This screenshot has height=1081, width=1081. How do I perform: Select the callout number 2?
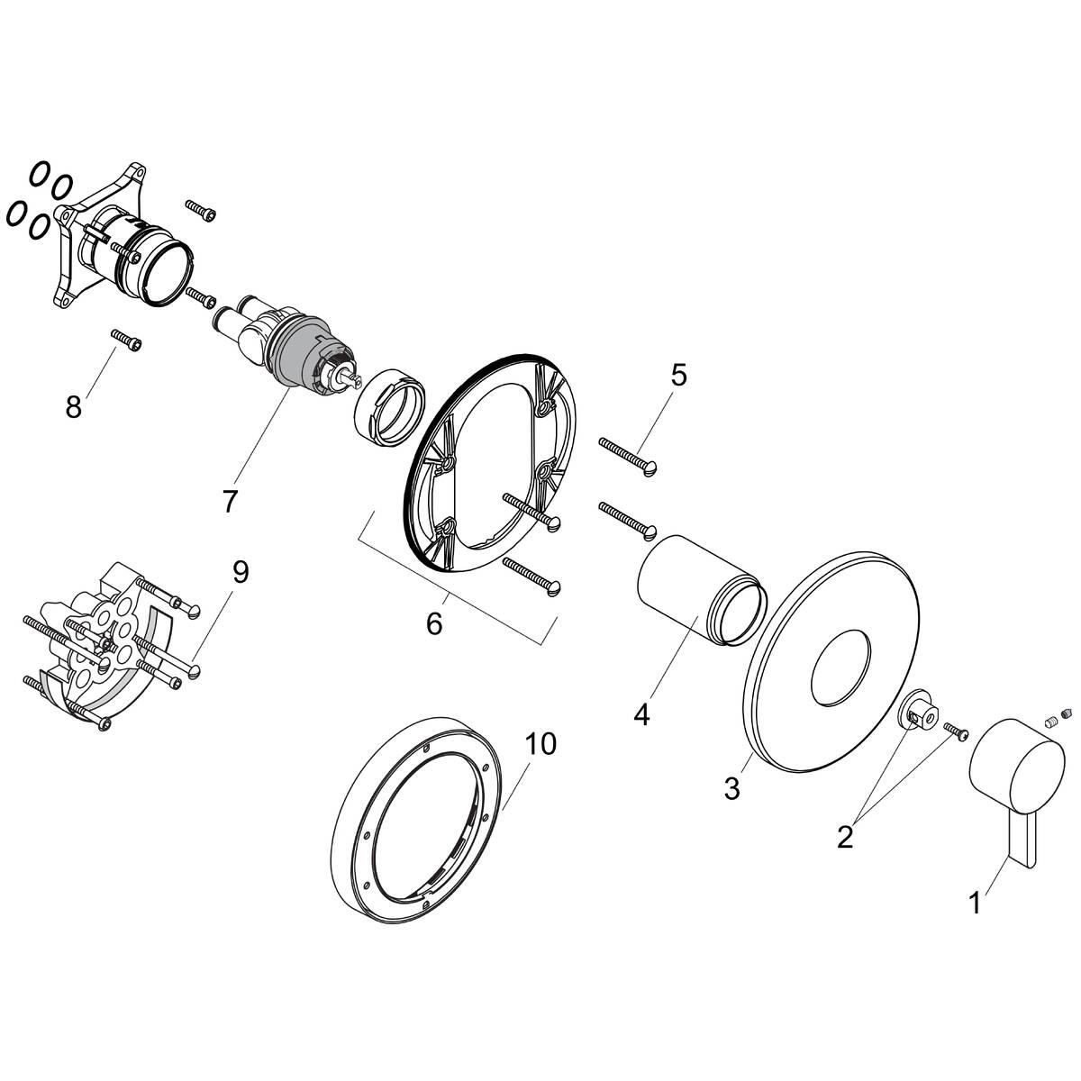coord(844,837)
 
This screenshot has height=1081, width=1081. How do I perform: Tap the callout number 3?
coord(731,789)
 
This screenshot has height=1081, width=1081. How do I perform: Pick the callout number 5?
coord(677,375)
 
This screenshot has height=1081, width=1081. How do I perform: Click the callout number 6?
coord(434,622)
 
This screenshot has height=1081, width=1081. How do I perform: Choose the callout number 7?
coord(230,501)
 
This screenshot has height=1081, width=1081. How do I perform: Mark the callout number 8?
coord(74,407)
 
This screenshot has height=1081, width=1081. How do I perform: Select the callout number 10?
coord(542,744)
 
